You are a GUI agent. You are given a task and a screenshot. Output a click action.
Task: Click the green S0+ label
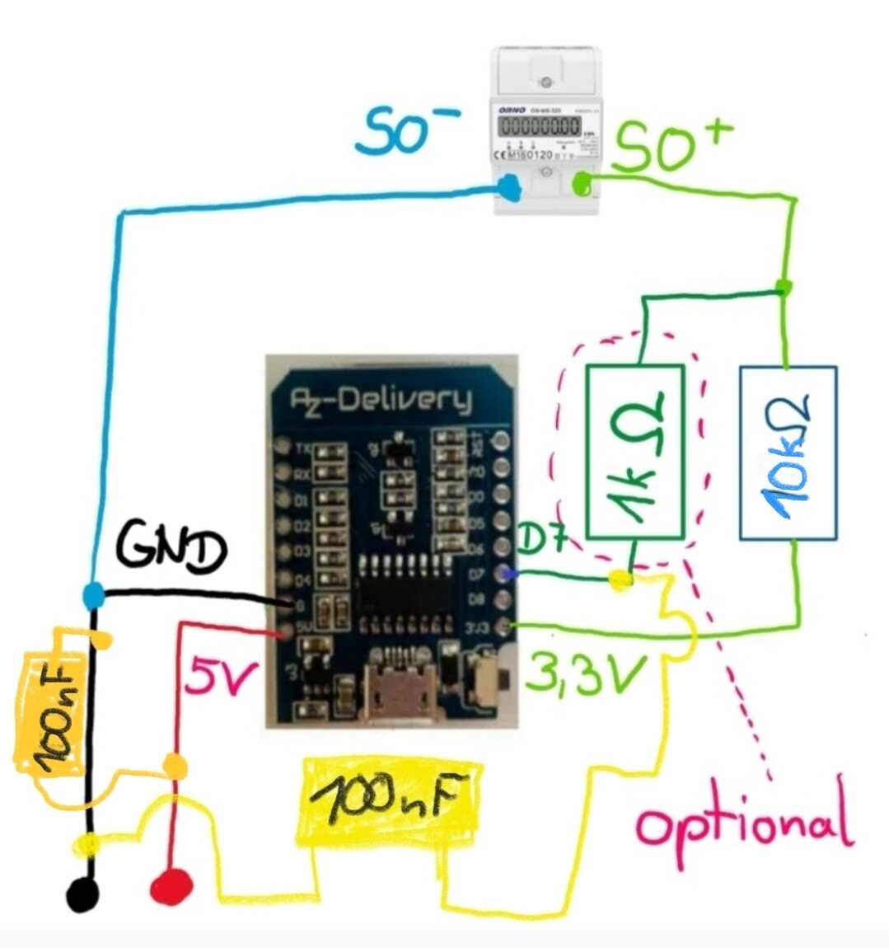[671, 146]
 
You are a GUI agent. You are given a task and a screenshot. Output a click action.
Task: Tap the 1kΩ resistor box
[634, 453]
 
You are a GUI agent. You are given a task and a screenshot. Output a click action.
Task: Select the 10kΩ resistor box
[788, 453]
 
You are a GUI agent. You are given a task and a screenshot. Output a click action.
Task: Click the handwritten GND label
[171, 549]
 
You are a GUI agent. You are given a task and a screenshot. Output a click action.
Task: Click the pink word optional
[744, 823]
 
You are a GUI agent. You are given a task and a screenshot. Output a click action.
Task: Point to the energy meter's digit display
[540, 127]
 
